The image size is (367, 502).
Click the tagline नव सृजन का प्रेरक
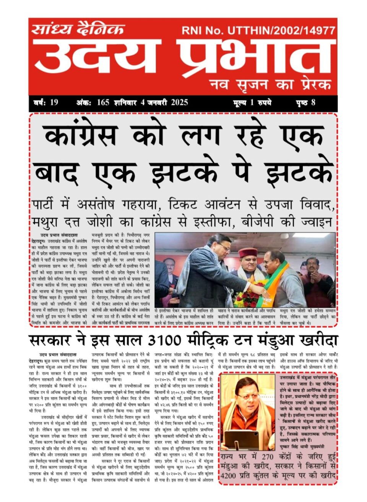coord(270,84)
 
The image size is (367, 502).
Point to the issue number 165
coord(103,102)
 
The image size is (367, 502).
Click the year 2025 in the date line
coord(179,102)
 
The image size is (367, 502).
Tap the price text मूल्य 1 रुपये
coord(252,102)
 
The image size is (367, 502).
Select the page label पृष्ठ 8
coord(306,102)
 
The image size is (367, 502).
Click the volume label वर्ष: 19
coord(45,102)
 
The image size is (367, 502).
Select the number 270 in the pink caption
coord(267,457)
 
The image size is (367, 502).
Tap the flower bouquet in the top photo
coord(247,299)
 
